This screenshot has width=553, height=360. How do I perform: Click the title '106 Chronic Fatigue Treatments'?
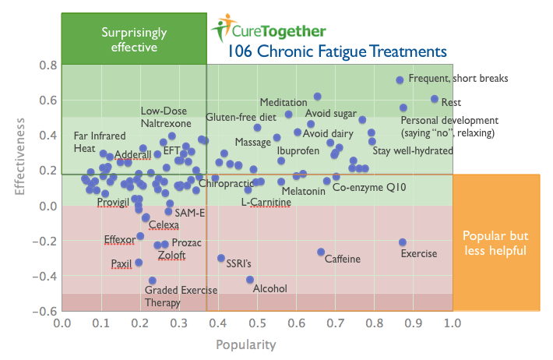[x=337, y=52]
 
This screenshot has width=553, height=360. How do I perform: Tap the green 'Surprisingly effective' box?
[x=134, y=40]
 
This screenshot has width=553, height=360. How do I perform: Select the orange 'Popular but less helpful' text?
[x=495, y=243]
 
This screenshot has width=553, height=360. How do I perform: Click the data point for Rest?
[x=435, y=99]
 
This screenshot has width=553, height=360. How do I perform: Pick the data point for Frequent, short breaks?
[x=400, y=80]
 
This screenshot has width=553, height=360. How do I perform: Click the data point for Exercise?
[x=403, y=242]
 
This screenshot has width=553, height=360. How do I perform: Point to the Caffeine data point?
[x=321, y=252]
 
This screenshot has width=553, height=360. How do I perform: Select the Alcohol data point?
[x=250, y=280]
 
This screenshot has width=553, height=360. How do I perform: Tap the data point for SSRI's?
[x=221, y=258]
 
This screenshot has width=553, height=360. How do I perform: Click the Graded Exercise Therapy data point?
[x=153, y=281]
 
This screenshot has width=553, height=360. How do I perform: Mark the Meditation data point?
[x=317, y=97]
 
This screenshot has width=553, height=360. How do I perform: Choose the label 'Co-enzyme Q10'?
[x=369, y=188]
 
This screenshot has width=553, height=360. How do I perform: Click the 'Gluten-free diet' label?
[x=241, y=117]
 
